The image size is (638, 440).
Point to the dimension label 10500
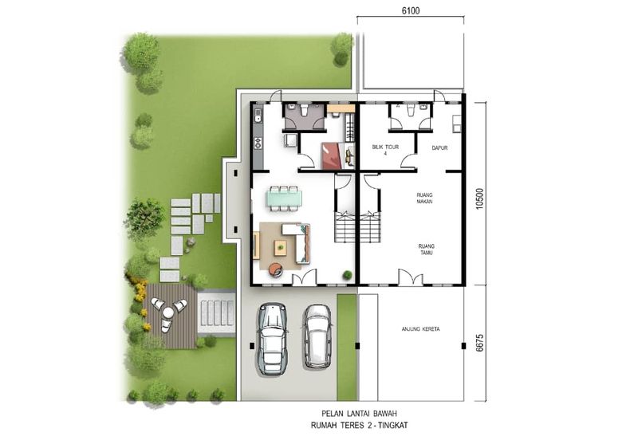pos(479,193)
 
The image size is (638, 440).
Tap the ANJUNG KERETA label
pos(419,328)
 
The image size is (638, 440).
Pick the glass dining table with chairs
pos(283,197)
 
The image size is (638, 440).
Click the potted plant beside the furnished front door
pos(347,275)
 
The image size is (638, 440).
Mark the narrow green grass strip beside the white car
pos(347,347)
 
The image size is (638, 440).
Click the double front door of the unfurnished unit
pos(410,279)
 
